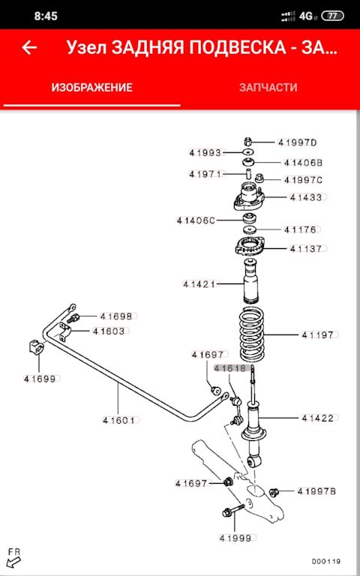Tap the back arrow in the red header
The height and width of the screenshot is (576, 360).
pos(29,48)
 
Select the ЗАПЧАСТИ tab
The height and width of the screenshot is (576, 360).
pos(268,88)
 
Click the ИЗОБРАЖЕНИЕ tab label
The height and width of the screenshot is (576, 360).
pos(91,88)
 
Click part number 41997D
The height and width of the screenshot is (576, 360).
pos(297,142)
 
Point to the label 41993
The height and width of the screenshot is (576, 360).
pos(205,152)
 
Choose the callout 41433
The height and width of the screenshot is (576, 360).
pos(306,197)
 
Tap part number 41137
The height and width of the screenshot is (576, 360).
pos(306,249)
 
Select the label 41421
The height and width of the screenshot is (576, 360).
pos(199,284)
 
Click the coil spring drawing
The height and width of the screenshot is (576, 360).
pos(252,335)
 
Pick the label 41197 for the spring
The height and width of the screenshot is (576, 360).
pos(317,335)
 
